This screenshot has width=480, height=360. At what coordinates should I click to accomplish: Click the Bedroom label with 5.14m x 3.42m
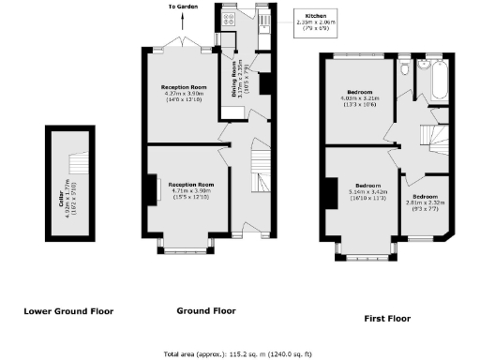(361, 190)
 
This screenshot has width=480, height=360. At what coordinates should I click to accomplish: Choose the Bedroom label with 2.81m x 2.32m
(425, 202)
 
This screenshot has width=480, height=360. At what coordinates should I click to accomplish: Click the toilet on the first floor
(403, 69)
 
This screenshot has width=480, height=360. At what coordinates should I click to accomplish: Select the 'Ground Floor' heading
(205, 309)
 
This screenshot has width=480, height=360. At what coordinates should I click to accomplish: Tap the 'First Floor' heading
(387, 319)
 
